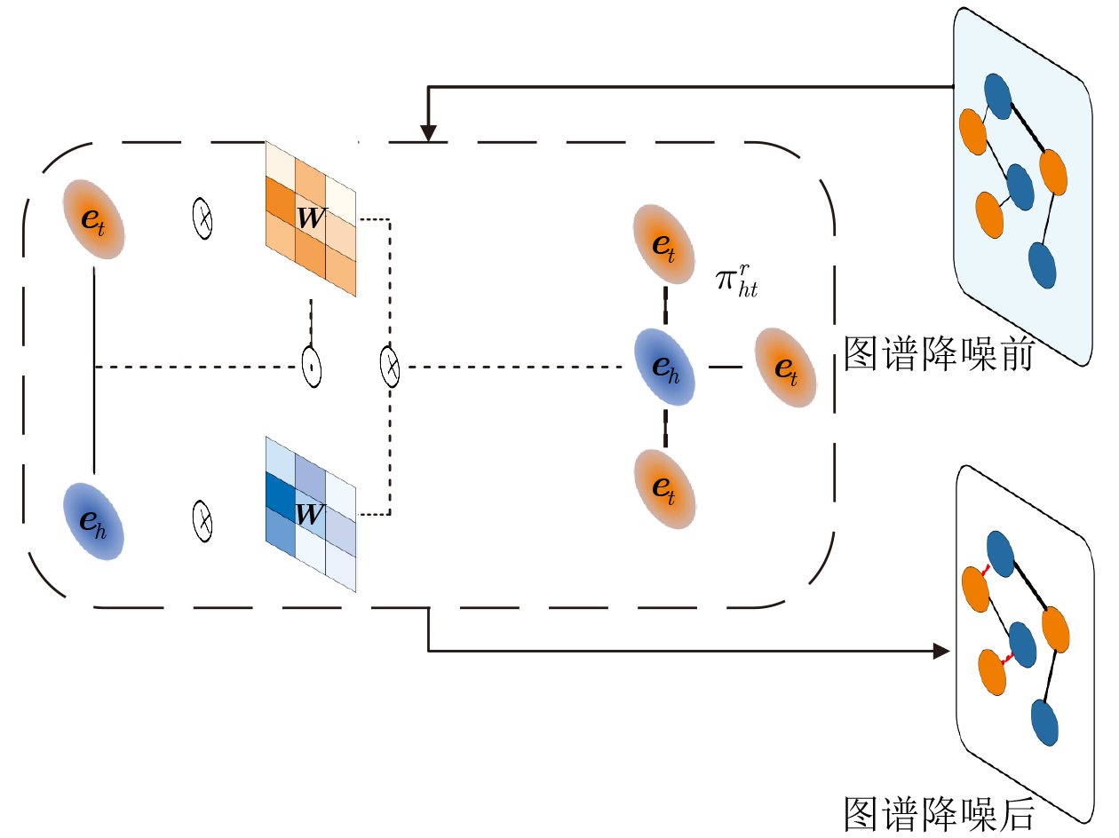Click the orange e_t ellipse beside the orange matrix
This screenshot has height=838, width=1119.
click(94, 219)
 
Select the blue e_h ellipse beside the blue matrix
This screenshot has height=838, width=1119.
click(93, 521)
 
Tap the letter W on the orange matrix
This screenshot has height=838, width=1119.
click(311, 218)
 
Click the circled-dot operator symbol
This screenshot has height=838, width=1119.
click(312, 367)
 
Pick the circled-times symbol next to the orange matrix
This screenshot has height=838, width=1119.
click(202, 218)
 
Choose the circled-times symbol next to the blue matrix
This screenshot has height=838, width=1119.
click(202, 521)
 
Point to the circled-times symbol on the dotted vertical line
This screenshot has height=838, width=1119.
click(390, 367)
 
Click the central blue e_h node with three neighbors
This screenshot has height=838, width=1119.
click(665, 367)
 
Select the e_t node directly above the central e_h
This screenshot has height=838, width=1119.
click(663, 244)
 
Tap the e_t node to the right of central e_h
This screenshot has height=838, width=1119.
click(786, 368)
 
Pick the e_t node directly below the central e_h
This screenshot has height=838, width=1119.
click(665, 488)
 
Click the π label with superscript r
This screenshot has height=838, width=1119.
click(736, 281)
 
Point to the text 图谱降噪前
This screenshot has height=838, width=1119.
click(939, 353)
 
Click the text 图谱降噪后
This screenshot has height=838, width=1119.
click(939, 814)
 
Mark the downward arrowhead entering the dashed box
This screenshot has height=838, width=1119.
click(428, 133)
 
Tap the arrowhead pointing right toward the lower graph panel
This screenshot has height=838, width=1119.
click(941, 651)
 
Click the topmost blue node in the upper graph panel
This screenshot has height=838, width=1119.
click(997, 97)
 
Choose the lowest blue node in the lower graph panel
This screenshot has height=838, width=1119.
click(1044, 723)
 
